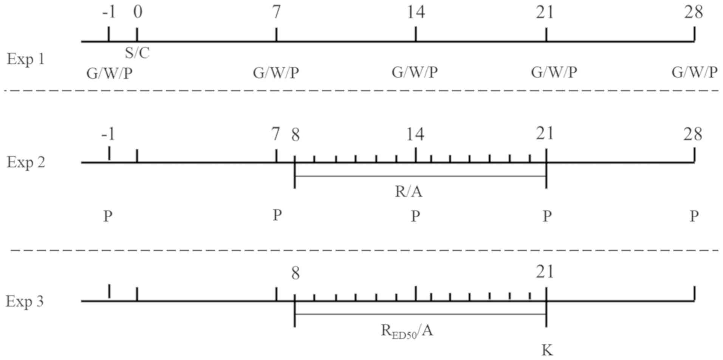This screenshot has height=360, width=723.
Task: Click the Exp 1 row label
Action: pyautogui.click(x=26, y=59)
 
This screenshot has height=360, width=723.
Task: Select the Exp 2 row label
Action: pyautogui.click(x=26, y=162)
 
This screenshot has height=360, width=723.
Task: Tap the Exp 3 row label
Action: pyautogui.click(x=25, y=301)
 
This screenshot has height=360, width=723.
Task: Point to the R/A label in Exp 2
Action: pyautogui.click(x=409, y=192)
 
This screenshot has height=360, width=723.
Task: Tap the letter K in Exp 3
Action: pyautogui.click(x=547, y=351)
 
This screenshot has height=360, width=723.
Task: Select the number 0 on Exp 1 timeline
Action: pyautogui.click(x=138, y=12)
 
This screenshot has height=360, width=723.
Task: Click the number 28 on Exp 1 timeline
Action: pyautogui.click(x=694, y=12)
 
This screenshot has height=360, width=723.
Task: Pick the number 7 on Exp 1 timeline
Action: pyautogui.click(x=277, y=12)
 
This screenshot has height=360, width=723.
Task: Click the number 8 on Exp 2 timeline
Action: pyautogui.click(x=296, y=135)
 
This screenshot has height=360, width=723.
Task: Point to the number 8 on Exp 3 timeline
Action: pyautogui.click(x=296, y=273)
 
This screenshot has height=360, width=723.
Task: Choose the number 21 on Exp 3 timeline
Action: pyautogui.click(x=545, y=272)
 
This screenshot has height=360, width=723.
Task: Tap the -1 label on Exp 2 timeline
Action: pyautogui.click(x=108, y=134)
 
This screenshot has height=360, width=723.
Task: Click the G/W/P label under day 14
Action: pyautogui.click(x=415, y=72)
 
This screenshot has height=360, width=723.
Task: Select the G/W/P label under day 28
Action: pyautogui.click(x=694, y=72)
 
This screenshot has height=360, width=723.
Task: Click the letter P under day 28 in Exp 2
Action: pyautogui.click(x=694, y=216)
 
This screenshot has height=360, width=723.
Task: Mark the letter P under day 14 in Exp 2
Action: pyautogui.click(x=415, y=216)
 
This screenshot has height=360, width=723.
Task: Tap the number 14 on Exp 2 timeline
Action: pyautogui.click(x=415, y=134)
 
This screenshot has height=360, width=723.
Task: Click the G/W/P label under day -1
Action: pyautogui.click(x=110, y=73)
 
